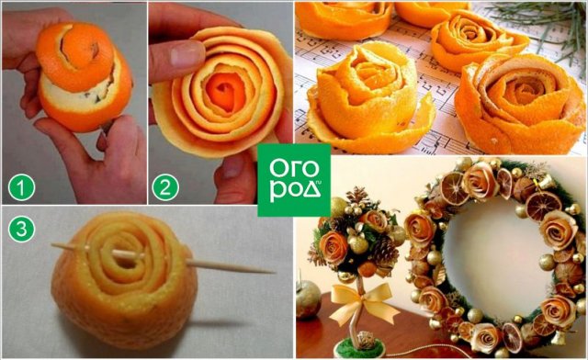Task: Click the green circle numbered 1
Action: pyautogui.click(x=21, y=187)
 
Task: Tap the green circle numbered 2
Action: pyautogui.click(x=165, y=187)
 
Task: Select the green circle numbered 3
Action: pyautogui.click(x=21, y=229)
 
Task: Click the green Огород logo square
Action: pyautogui.click(x=294, y=180)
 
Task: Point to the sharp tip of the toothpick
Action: pyautogui.click(x=274, y=272)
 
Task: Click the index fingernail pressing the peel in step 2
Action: pyautogui.click(x=187, y=54)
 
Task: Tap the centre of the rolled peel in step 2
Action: pyautogui.click(x=225, y=91)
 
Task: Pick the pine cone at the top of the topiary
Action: pyautogui.click(x=356, y=196)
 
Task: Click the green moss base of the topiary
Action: pyautogui.click(x=359, y=348)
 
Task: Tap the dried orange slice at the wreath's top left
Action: pyautogui.click(x=452, y=188)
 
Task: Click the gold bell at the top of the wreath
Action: pyautogui.click(x=546, y=183)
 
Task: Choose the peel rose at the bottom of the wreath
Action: pyautogui.click(x=485, y=338)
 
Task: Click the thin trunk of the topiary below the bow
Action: pyautogui.click(x=355, y=330)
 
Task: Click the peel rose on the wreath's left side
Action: pyautogui.click(x=419, y=229)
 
